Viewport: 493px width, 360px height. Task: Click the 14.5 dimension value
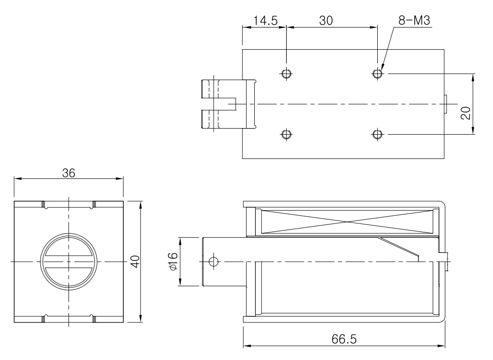(264, 21)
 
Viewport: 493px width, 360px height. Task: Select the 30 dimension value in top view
(326, 21)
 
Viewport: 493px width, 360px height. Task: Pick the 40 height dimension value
(136, 261)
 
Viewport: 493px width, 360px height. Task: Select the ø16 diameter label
(172, 261)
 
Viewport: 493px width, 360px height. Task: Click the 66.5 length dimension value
(344, 340)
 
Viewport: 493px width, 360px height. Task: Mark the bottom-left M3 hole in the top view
(286, 134)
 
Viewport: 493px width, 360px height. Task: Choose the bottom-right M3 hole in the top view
(377, 134)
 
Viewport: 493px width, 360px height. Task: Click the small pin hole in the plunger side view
(214, 261)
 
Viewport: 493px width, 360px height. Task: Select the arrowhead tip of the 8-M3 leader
(380, 69)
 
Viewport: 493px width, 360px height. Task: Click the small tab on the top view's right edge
(446, 104)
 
